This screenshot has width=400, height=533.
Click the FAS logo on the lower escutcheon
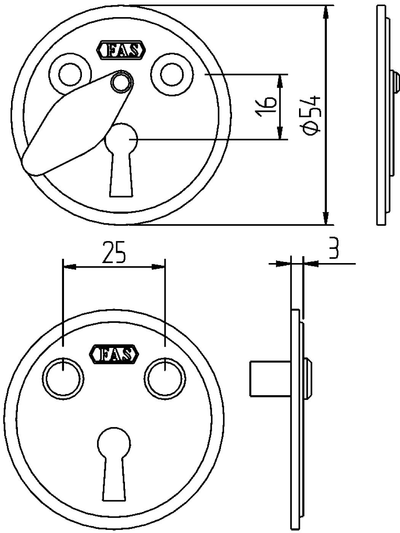click(x=114, y=354)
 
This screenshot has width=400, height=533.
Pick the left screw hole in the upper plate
click(x=70, y=74)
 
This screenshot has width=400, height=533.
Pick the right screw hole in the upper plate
click(x=172, y=74)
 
